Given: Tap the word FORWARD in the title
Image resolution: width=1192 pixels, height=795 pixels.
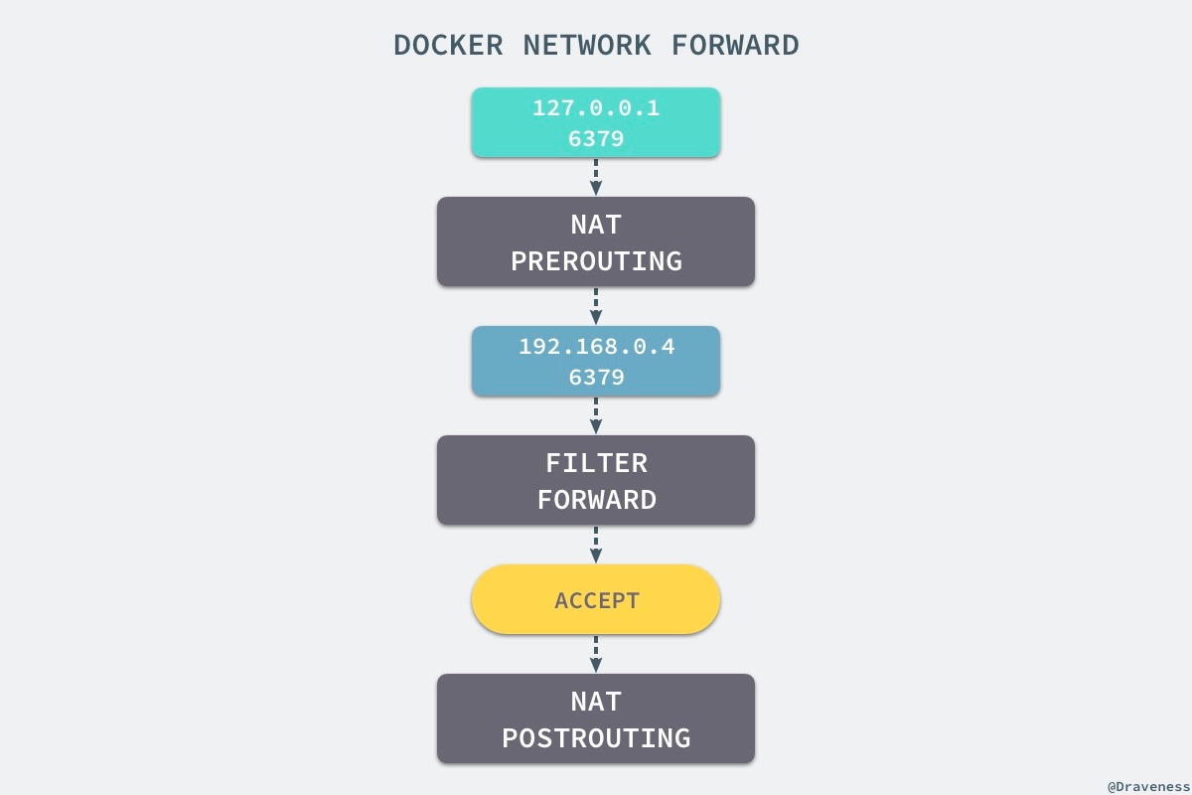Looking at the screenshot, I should pyautogui.click(x=735, y=46).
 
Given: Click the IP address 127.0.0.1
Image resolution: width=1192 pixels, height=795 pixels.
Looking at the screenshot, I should pyautogui.click(x=596, y=108).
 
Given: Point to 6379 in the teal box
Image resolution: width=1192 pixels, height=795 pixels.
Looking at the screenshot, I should pyautogui.click(x=596, y=138).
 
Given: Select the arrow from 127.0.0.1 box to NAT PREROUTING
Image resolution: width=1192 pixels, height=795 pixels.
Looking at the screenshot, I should pyautogui.click(x=596, y=177).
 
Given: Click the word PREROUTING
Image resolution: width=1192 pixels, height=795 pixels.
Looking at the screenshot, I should pyautogui.click(x=596, y=260).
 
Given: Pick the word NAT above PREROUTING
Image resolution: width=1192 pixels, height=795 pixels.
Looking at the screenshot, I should pyautogui.click(x=596, y=225).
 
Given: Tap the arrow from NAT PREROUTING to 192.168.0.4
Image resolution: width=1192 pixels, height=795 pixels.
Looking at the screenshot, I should pyautogui.click(x=596, y=306).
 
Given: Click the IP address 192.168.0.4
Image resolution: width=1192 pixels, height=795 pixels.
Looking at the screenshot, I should pyautogui.click(x=596, y=347).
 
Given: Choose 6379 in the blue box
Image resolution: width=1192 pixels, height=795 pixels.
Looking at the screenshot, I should pyautogui.click(x=596, y=377).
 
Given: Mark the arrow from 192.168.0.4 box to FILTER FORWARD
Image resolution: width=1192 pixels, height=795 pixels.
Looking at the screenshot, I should pyautogui.click(x=596, y=415).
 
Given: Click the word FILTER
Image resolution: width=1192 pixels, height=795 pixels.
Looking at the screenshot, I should pyautogui.click(x=596, y=463).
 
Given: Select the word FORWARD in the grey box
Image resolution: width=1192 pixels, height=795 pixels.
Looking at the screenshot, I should pyautogui.click(x=596, y=499).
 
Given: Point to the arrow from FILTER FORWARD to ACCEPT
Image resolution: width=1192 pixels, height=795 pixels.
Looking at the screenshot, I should pyautogui.click(x=596, y=545).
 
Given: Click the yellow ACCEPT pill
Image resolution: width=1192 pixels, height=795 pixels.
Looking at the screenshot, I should pyautogui.click(x=596, y=600).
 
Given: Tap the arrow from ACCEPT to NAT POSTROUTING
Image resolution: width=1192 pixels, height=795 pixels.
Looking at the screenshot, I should pyautogui.click(x=596, y=654).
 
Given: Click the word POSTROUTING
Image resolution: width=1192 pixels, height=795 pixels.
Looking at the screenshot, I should pyautogui.click(x=596, y=737).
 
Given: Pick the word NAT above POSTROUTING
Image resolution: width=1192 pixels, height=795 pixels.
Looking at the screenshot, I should pyautogui.click(x=596, y=702).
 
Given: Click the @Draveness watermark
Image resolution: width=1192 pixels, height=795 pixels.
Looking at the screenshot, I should pyautogui.click(x=1148, y=785).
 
